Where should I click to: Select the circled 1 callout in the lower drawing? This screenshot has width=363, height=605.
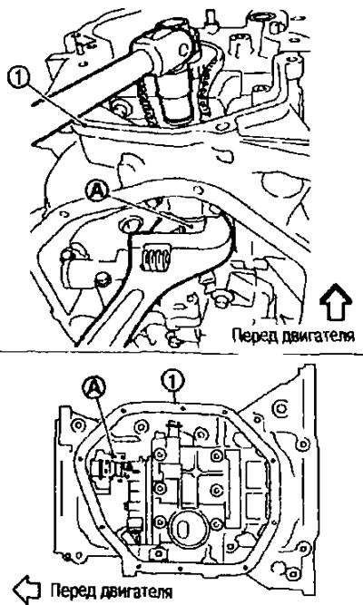tap(173, 382)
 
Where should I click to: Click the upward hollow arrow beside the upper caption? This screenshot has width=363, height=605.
tap(335, 302)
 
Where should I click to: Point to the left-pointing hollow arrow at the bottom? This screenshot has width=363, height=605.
tap(26, 590)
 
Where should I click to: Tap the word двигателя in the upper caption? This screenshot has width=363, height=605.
tap(319, 336)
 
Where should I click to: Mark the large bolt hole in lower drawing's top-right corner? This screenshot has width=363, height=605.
tap(280, 408)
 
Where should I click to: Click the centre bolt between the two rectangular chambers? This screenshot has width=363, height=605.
tap(216, 489)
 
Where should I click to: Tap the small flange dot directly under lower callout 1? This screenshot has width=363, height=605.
tap(183, 407)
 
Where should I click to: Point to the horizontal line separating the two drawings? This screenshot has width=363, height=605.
tap(181, 353)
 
